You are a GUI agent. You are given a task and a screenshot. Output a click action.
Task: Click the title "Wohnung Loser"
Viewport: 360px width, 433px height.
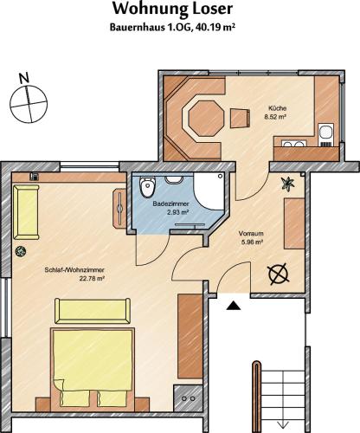click(x=172, y=10)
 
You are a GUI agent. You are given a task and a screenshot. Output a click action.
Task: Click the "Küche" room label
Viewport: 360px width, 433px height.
click(x=278, y=108)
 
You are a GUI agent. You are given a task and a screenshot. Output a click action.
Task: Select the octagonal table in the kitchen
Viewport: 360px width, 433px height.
click(x=206, y=117)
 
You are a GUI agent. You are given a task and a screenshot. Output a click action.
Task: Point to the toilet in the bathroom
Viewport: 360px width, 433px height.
click(x=147, y=186)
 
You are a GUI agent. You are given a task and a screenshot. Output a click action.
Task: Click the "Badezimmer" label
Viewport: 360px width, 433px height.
click(x=171, y=204)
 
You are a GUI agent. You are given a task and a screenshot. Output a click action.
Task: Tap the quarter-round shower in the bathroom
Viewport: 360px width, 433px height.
click(x=209, y=191)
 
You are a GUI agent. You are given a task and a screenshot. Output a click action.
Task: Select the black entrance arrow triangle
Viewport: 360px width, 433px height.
click(x=234, y=306)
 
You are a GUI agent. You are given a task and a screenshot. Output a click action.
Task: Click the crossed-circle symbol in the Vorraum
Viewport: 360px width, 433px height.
click(x=279, y=274)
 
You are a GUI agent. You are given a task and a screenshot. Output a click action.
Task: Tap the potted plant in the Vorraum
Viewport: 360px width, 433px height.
click(x=288, y=184)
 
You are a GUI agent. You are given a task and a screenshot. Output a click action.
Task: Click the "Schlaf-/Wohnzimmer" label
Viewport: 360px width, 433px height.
click(x=74, y=270)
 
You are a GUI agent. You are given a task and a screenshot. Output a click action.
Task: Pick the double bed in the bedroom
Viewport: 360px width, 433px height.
click(x=93, y=369)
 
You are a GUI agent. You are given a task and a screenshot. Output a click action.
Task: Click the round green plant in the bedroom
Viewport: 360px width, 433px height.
click(x=21, y=251)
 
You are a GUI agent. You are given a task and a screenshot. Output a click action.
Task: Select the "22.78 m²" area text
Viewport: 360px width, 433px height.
click(x=92, y=279)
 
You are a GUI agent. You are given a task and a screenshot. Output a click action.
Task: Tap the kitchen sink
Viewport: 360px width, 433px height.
click(x=326, y=132)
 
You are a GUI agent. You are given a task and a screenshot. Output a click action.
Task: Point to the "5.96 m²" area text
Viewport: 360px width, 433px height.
click(x=252, y=242)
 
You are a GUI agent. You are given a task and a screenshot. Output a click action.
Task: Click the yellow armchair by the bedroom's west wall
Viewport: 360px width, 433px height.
click(x=26, y=212)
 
